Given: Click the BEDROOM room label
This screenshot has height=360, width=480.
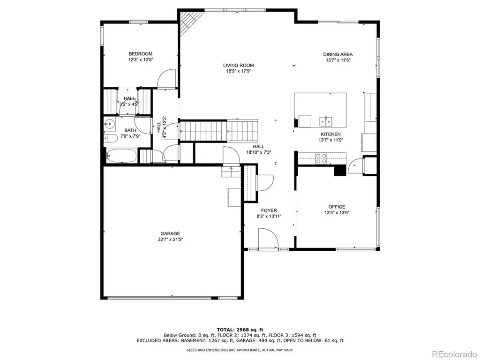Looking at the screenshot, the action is point(141,54).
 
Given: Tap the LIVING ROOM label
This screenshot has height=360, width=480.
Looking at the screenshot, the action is point(239,65).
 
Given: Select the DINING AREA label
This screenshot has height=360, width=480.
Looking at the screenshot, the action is point(338,54).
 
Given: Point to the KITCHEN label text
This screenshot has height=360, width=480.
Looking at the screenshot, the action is point(330,134).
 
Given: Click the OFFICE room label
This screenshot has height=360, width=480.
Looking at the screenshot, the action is point(337,207).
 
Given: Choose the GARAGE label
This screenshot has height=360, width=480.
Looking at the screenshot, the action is point(170,233).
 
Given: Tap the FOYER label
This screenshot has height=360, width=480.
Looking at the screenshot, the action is point(269,210).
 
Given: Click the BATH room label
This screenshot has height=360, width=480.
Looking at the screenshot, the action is point(130,130).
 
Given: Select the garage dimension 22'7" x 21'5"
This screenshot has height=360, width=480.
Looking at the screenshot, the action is point(170,240).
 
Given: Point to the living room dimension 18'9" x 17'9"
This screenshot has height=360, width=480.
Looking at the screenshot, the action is point(239,71).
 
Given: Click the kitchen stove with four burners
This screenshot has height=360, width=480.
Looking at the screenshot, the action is point(321,158).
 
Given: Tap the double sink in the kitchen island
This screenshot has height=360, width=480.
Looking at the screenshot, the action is point(326,121).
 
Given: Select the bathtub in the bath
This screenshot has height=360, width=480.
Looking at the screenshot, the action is point(121,156).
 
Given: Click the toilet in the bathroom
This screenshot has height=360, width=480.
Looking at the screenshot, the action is point(110,138).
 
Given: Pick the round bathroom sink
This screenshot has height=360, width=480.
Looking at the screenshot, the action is point(109,124).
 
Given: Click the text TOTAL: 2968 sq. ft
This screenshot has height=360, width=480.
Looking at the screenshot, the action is point(240,330).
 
